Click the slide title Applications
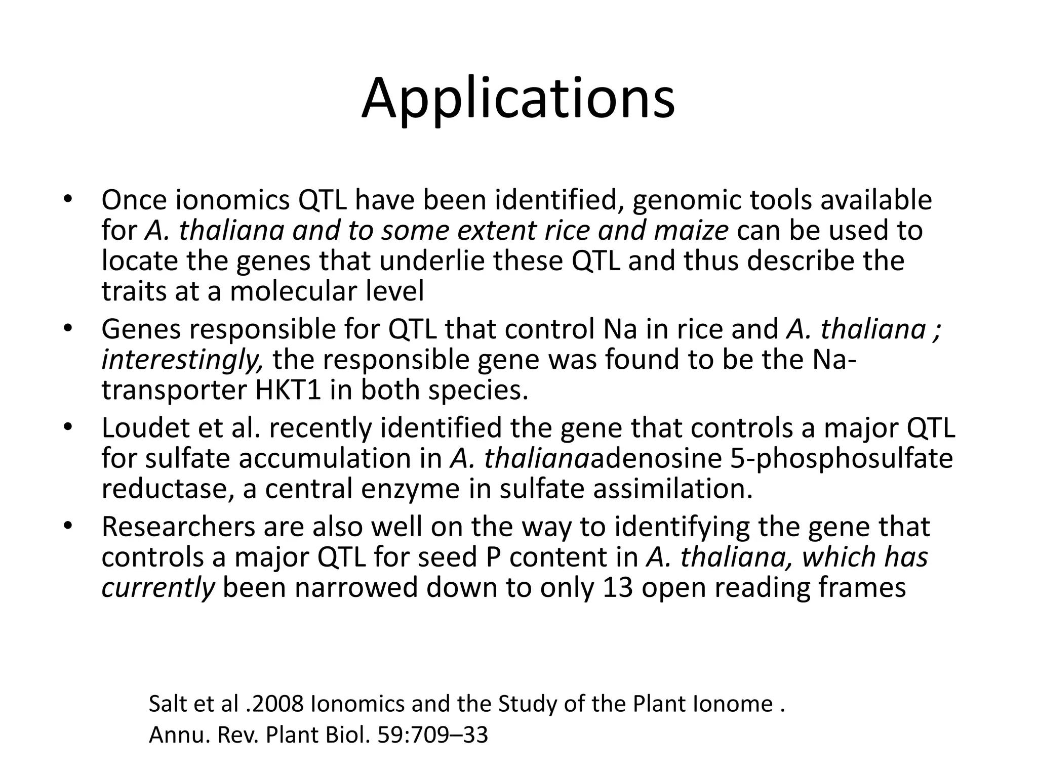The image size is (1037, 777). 518,99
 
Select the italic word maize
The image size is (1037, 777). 691,231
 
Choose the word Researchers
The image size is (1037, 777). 178,527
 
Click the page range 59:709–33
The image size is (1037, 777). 433,735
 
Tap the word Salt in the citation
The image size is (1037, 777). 167,704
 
